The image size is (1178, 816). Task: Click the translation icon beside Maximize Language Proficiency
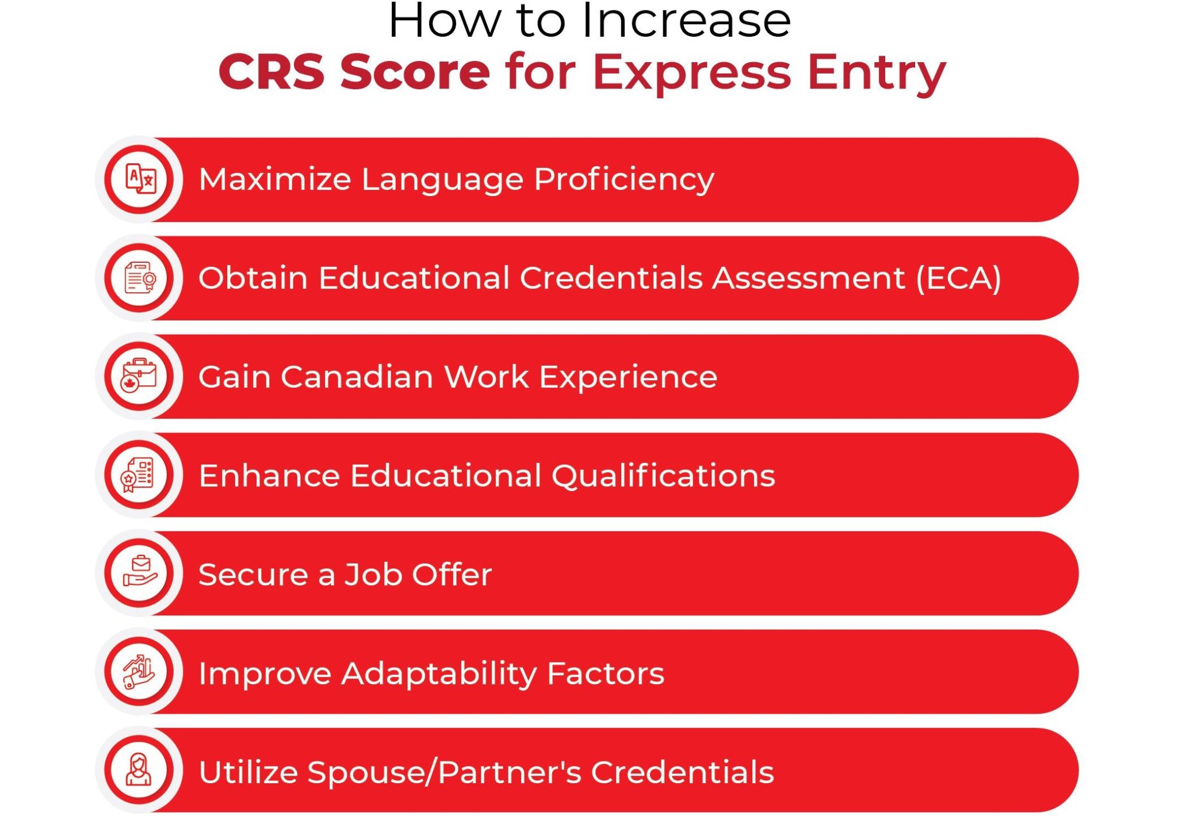[x=140, y=179]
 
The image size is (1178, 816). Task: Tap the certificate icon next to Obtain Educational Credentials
[x=140, y=278]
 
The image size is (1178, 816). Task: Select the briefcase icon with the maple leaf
[x=140, y=377]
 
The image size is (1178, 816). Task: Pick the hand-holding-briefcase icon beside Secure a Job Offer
[x=140, y=573]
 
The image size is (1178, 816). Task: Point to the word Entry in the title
[x=877, y=72]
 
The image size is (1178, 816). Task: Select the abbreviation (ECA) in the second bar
[x=958, y=278]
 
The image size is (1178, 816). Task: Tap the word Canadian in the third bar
[x=357, y=377]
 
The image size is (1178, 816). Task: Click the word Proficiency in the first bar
[x=624, y=179]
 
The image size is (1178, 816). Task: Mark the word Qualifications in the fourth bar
[x=663, y=476]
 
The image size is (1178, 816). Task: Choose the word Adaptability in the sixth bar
[x=439, y=673]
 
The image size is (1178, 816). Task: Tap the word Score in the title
[x=415, y=72]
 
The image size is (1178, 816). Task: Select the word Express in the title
[x=691, y=72]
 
